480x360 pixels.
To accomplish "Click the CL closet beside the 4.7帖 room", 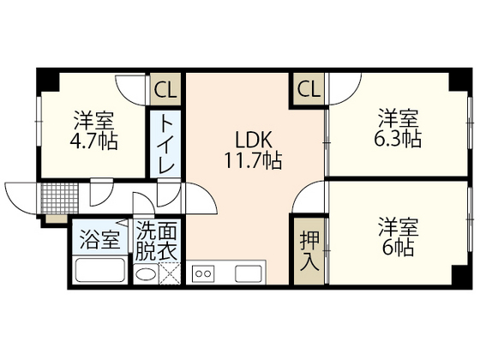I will (165, 88).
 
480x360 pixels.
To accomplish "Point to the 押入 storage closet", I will (309, 249).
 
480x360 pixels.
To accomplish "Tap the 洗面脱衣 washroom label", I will (157, 241).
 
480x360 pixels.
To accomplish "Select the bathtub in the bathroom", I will (100, 273).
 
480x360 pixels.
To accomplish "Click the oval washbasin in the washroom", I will (147, 275).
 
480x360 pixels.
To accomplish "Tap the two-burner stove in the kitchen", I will (204, 274).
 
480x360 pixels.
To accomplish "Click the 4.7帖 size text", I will (96, 140).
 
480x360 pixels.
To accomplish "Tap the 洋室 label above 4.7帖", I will (94, 119).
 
